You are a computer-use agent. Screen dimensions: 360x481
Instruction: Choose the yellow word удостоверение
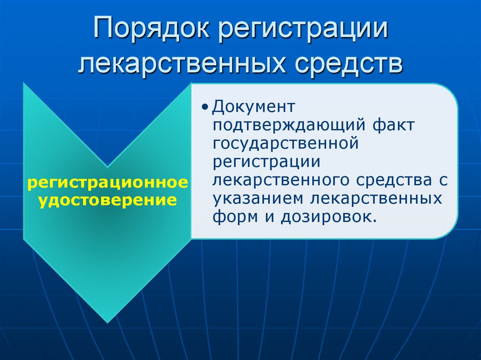click(108, 200)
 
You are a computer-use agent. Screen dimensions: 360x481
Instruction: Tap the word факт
click(394, 125)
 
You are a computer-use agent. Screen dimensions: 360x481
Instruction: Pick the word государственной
click(286, 143)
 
